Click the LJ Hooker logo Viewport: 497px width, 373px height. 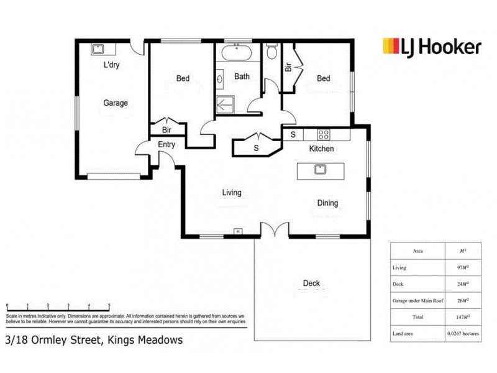point(431,47)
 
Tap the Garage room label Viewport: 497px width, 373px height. point(116,103)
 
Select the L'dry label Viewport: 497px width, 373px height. point(111,65)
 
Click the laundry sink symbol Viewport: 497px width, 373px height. point(98,49)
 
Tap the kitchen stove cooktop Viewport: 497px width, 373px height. point(324,134)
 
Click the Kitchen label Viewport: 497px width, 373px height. point(322,149)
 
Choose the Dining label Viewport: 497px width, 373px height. point(327,203)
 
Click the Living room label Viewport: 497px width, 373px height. point(232,193)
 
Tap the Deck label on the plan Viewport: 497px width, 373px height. point(311,283)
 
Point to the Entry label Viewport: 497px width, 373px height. point(166,145)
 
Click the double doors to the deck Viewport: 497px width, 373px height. point(275,230)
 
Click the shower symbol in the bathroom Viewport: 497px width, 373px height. point(224,104)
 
